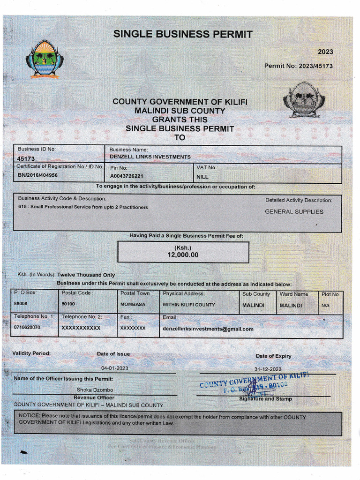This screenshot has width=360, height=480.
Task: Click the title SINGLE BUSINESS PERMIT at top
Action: pos(183,34)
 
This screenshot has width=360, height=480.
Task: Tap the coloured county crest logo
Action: pos(45,59)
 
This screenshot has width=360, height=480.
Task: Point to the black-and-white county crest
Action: pos(304,100)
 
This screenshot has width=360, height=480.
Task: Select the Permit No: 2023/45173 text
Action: pos(298,66)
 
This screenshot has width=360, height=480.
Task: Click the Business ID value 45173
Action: pos(26,159)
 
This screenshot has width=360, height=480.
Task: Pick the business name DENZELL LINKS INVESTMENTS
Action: pos(150,157)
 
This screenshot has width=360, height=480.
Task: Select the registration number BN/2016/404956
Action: pos(38,175)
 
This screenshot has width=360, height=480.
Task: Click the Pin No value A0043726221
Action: pos(127,177)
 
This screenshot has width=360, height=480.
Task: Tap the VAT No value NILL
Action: pos(202,177)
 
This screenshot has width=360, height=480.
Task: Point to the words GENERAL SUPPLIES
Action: pos(294,212)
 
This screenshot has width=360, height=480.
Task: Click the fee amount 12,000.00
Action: pos(183,255)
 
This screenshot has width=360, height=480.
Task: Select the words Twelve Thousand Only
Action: pos(86,275)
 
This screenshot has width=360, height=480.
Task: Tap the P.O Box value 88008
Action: pos(21,304)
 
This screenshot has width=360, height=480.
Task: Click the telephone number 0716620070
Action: pos(27,327)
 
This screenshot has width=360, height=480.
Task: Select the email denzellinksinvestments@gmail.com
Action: pos(208,329)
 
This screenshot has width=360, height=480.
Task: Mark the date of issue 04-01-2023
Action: pos(114,368)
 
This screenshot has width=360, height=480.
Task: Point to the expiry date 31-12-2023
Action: pos(268,369)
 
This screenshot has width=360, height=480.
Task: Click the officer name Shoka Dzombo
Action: pos(95,390)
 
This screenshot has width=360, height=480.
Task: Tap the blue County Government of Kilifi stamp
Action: pos(254,382)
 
